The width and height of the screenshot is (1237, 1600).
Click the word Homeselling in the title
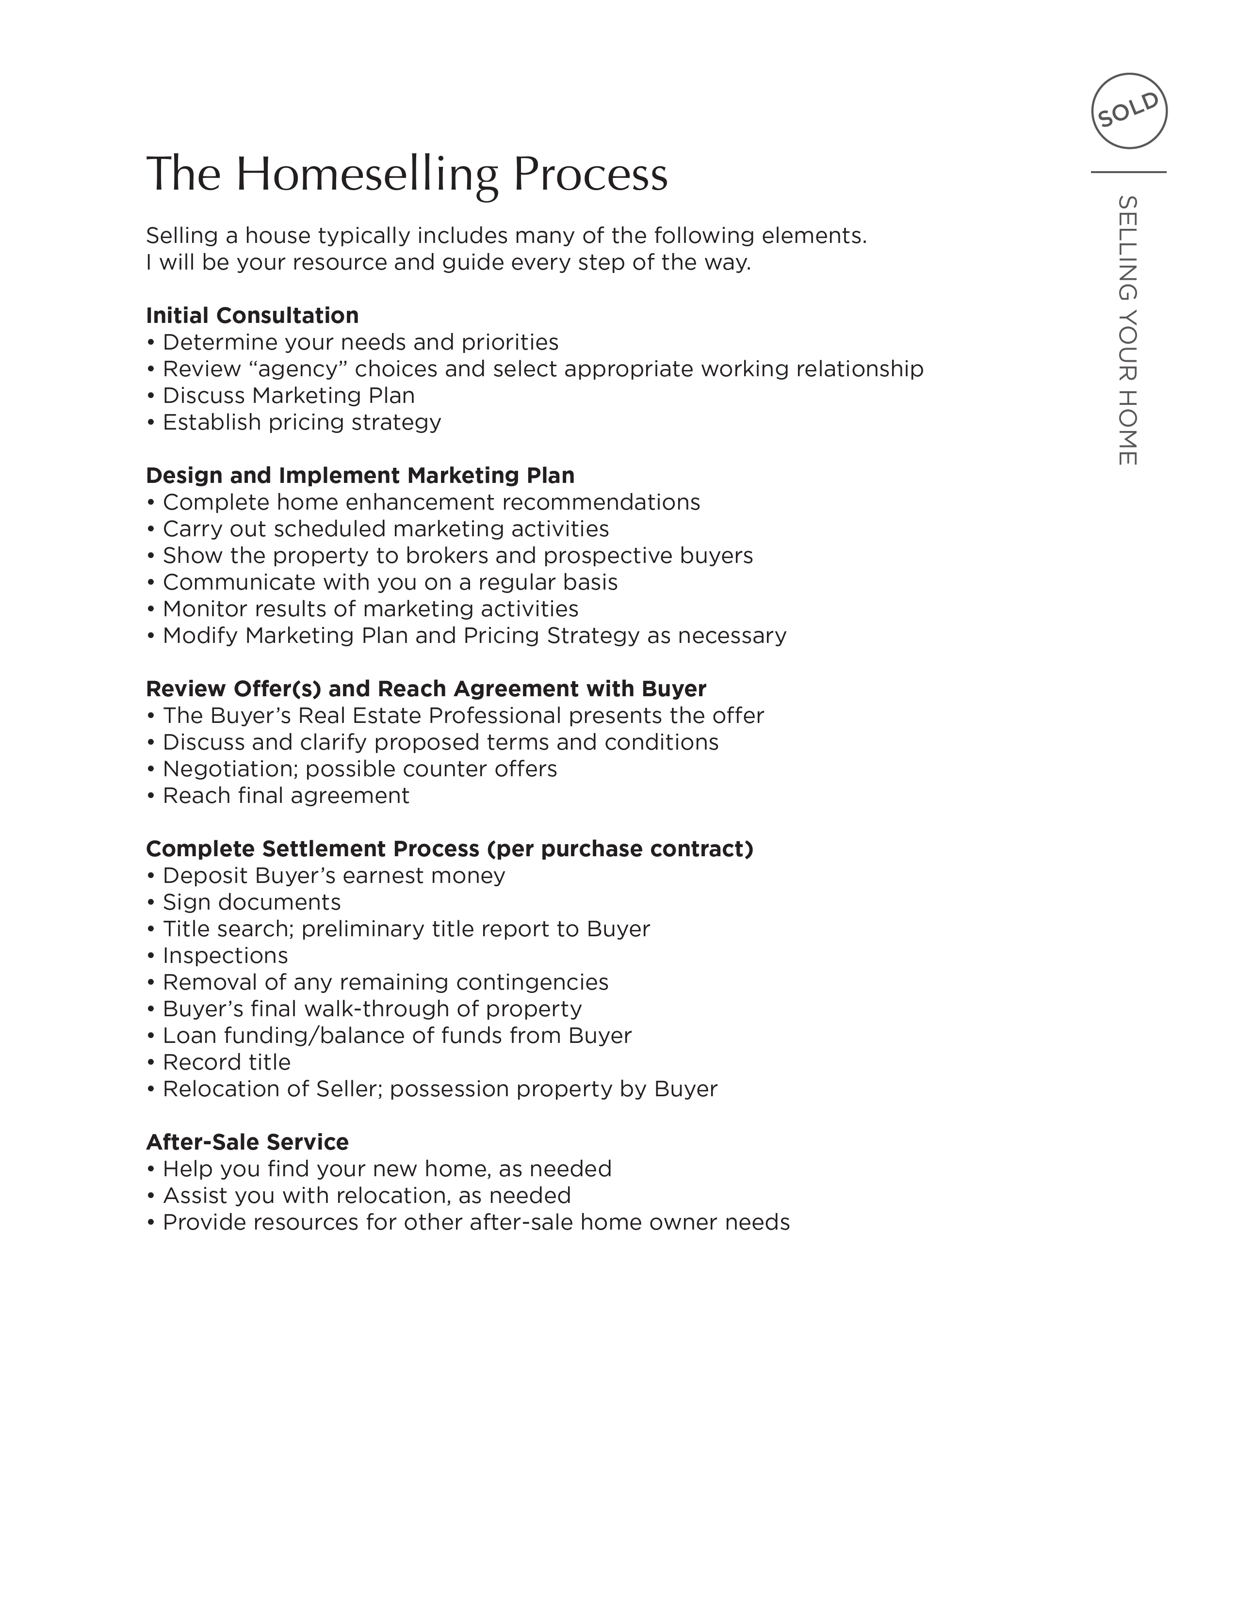pyautogui.click(x=366, y=175)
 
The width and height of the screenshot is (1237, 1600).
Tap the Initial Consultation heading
pyautogui.click(x=252, y=316)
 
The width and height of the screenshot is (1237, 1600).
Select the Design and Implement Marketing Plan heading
pyautogui.click(x=360, y=476)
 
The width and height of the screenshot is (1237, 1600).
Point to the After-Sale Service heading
pyautogui.click(x=247, y=1142)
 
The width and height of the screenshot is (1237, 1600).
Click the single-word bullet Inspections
pyautogui.click(x=225, y=956)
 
